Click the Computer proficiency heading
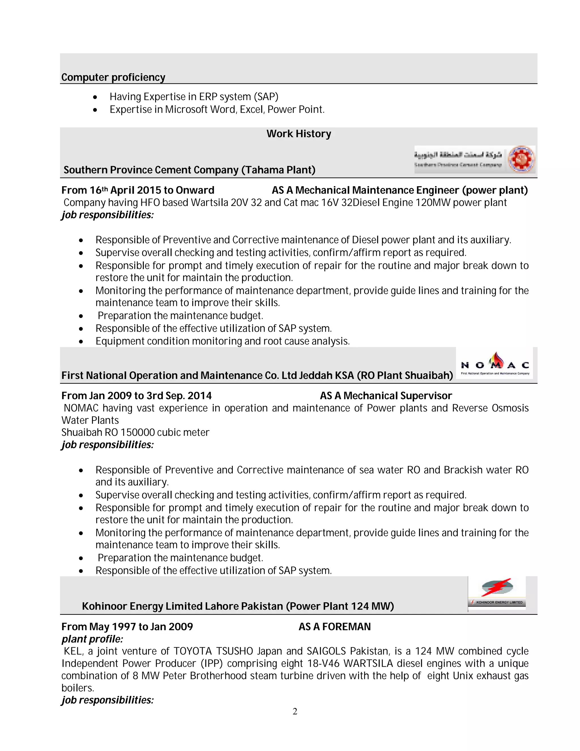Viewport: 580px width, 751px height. (113, 77)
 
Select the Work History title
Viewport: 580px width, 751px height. (298, 134)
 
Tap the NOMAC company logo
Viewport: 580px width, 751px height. (494, 364)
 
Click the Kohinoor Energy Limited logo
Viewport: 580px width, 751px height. (497, 593)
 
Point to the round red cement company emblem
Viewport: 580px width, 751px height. (521, 159)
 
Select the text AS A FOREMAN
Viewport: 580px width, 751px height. (334, 627)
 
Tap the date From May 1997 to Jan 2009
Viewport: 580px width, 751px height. (127, 627)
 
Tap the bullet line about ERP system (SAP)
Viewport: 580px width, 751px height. (194, 97)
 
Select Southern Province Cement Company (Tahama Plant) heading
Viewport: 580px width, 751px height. (189, 170)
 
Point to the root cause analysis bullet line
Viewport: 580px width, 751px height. (222, 341)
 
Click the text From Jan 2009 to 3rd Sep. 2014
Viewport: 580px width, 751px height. (137, 396)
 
